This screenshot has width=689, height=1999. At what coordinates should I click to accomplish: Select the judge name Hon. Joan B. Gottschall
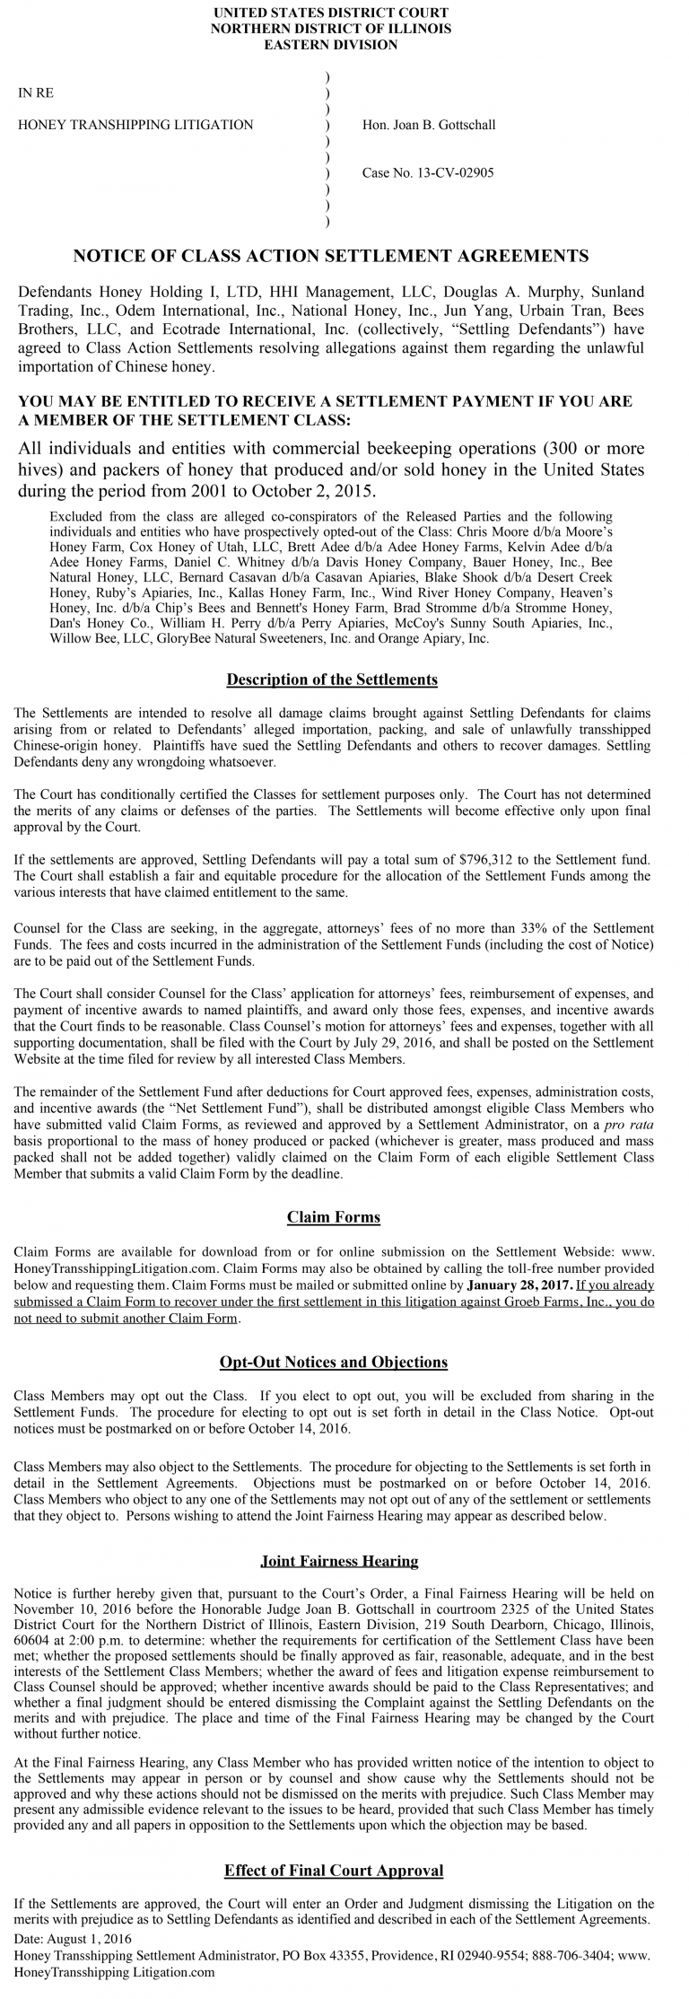[x=429, y=125]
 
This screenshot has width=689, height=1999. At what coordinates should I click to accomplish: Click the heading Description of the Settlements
[x=332, y=679]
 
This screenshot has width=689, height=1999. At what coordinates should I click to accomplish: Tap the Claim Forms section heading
[x=334, y=1217]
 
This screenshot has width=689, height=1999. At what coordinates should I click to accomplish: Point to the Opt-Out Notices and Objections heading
[x=334, y=1362]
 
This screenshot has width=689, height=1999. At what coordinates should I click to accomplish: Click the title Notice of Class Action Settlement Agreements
[x=331, y=256]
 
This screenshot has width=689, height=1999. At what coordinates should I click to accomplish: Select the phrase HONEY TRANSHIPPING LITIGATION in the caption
[x=135, y=125]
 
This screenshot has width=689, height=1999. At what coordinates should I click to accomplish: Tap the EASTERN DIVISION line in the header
[x=331, y=44]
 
